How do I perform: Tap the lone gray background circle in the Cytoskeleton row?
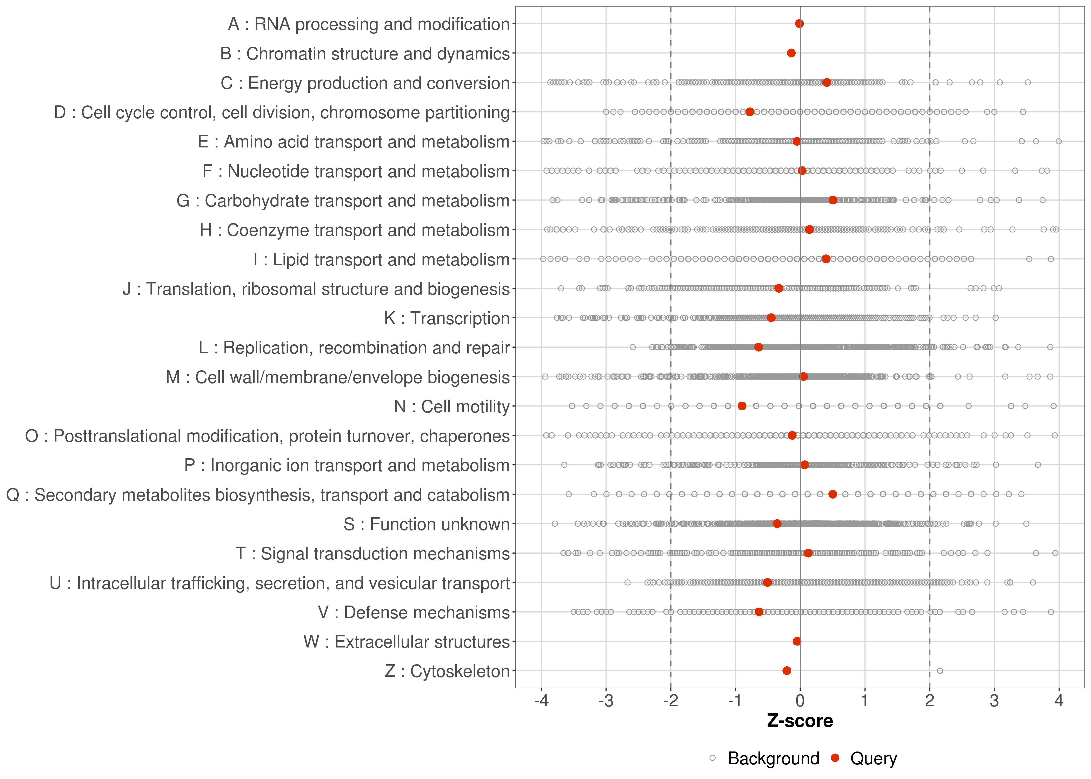point(940,671)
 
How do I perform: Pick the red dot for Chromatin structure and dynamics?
point(791,53)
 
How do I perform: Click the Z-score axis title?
point(800,721)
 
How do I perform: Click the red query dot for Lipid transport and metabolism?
point(826,259)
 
